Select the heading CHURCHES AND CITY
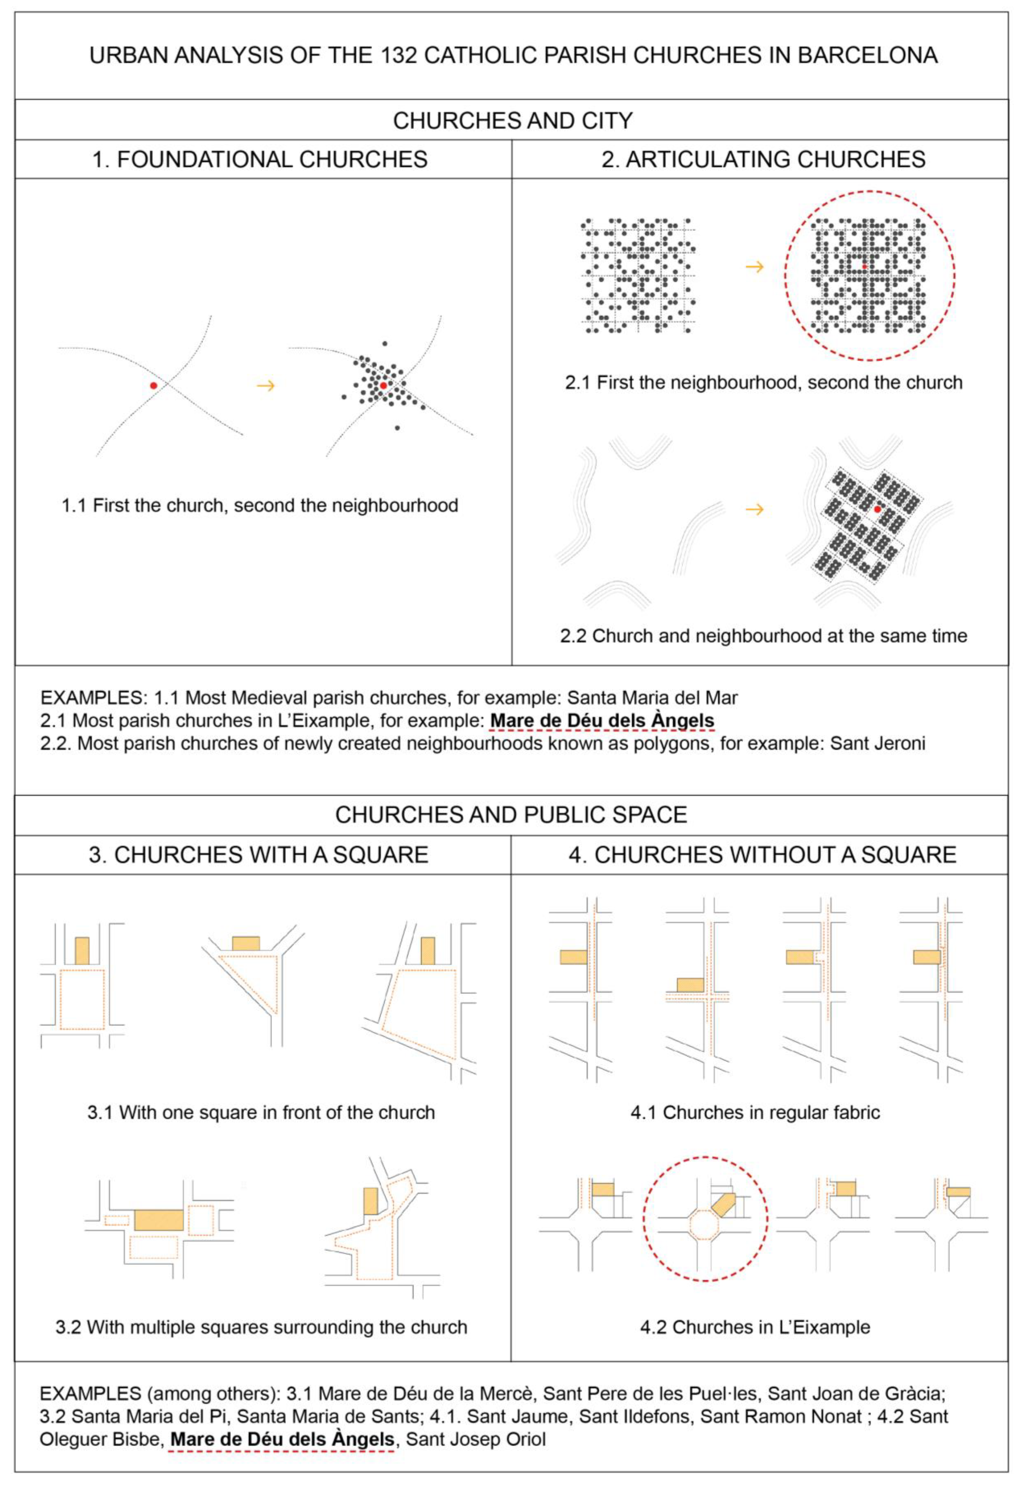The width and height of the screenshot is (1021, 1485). (x=513, y=120)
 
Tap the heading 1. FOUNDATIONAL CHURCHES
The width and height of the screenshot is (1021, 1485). (x=260, y=159)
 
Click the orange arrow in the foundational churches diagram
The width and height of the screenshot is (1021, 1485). (x=265, y=386)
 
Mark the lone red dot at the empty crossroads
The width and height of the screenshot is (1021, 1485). (x=154, y=386)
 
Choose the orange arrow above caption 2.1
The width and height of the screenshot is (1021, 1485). (x=755, y=267)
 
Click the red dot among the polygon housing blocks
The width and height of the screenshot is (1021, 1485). (x=877, y=509)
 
